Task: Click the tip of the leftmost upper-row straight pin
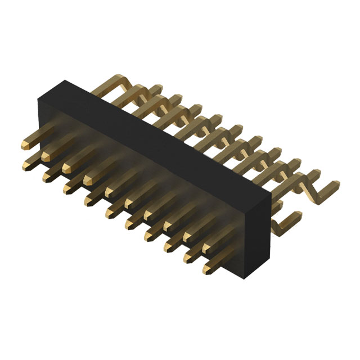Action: point(25,146)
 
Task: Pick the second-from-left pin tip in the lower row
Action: point(47,177)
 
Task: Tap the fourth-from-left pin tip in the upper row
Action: point(89,180)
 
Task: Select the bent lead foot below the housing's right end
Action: point(281,225)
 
